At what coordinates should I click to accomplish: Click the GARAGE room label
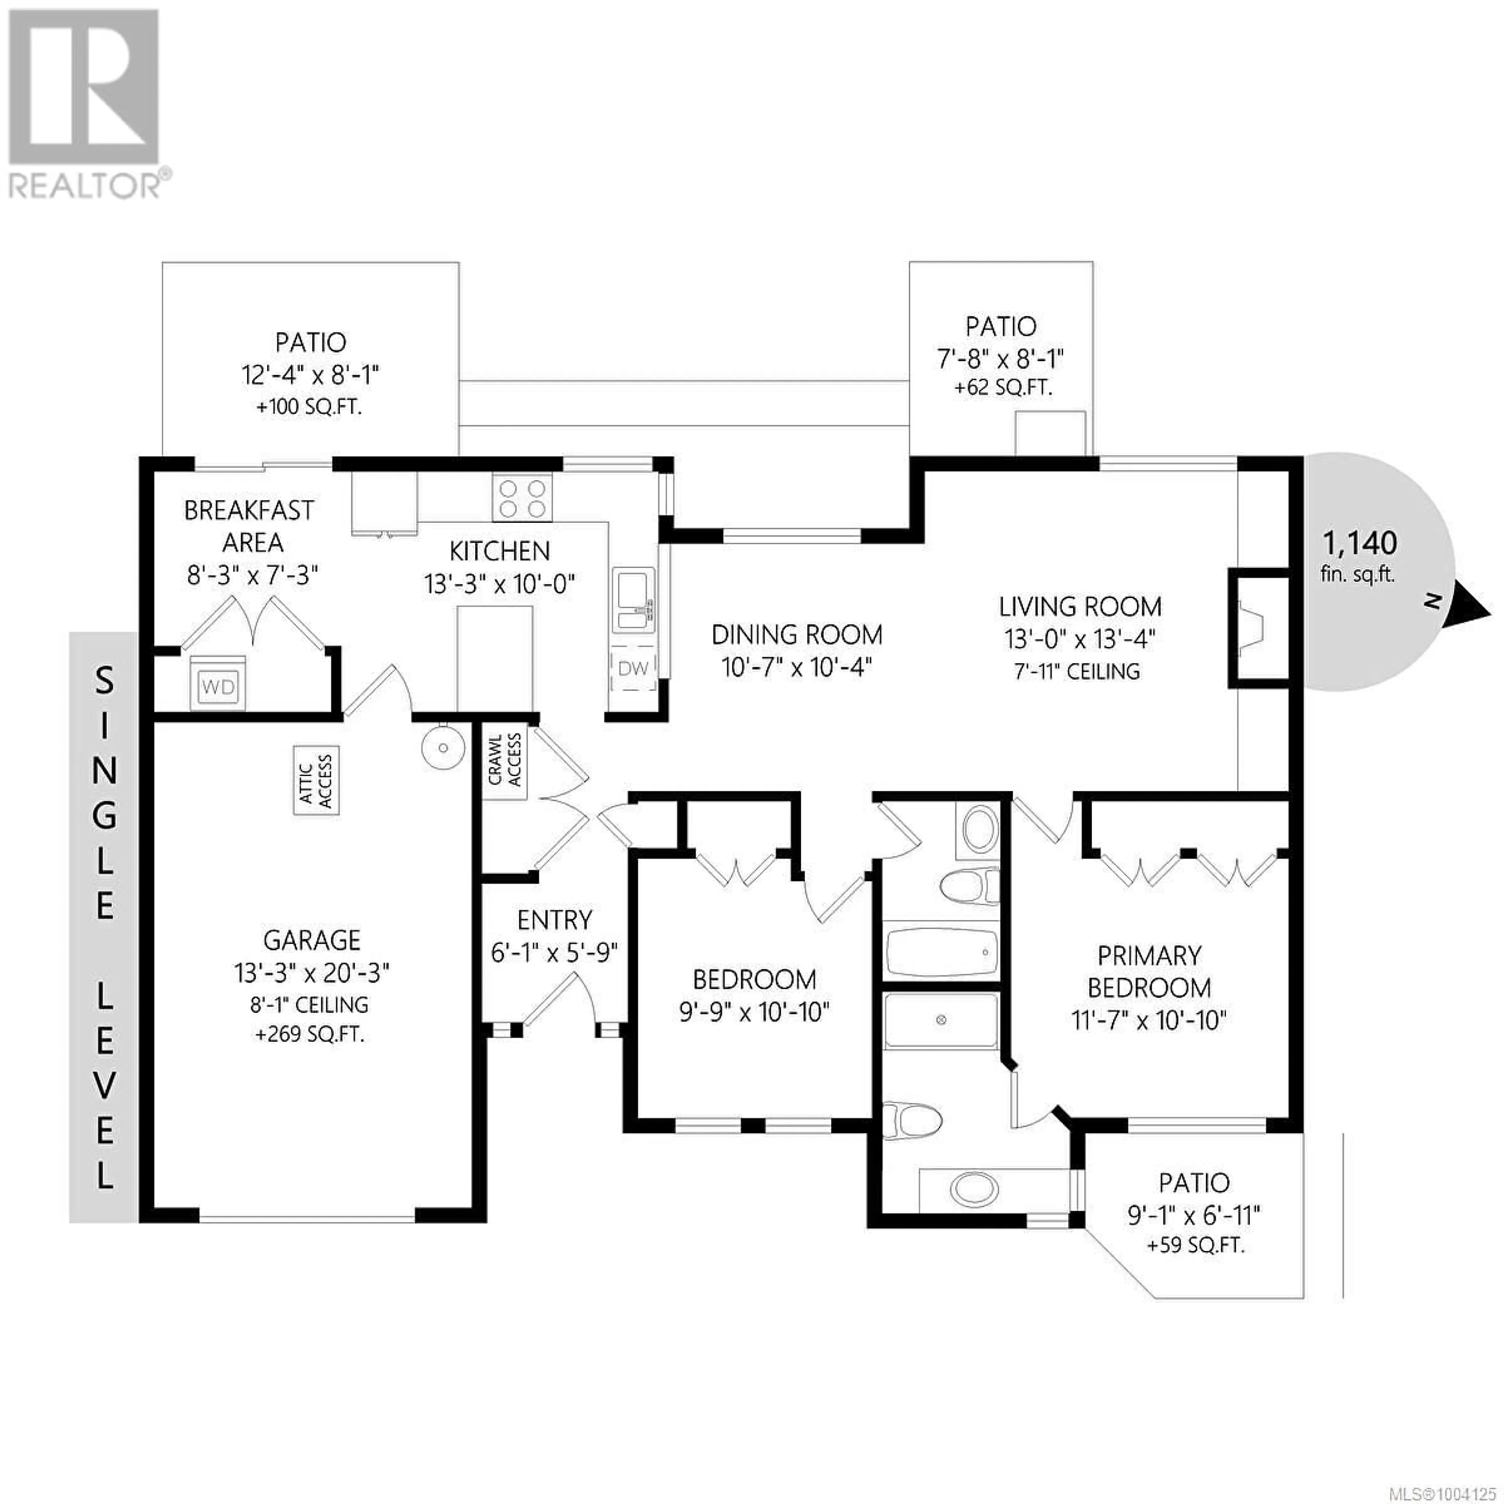(x=311, y=940)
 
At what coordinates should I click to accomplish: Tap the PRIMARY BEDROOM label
(x=1149, y=971)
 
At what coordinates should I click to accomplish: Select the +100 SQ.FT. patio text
(x=310, y=407)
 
